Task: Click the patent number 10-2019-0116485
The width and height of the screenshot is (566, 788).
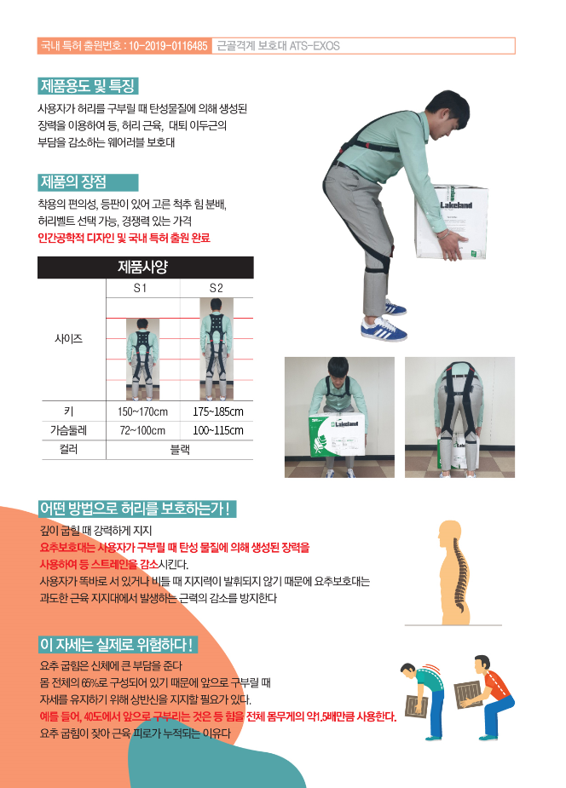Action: pyautogui.click(x=168, y=46)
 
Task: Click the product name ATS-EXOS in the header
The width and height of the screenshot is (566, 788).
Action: pyautogui.click(x=315, y=46)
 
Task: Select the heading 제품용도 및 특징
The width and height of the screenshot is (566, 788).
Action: pyautogui.click(x=88, y=86)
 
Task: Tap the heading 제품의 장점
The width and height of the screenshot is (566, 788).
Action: pyautogui.click(x=73, y=182)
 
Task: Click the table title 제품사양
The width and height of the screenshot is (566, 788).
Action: pyautogui.click(x=142, y=267)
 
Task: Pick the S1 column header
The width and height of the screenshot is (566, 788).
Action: pyautogui.click(x=140, y=288)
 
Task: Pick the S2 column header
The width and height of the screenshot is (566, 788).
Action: pyautogui.click(x=217, y=288)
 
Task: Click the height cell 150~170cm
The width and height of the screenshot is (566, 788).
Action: pyautogui.click(x=142, y=411)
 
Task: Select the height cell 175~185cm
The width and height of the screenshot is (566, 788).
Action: pyautogui.click(x=217, y=411)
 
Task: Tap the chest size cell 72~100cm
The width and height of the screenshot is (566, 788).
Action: pyautogui.click(x=142, y=430)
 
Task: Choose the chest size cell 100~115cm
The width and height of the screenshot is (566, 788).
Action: pyautogui.click(x=217, y=430)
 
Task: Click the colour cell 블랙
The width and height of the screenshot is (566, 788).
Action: pyautogui.click(x=180, y=449)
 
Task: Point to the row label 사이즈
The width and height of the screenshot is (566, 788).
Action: pyautogui.click(x=69, y=339)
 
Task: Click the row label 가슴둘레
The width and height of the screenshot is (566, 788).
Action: pyautogui.click(x=69, y=430)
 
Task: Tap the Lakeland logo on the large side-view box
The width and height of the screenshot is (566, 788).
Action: pyautogui.click(x=456, y=204)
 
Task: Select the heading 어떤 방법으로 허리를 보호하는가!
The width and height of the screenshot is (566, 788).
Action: pyautogui.click(x=136, y=509)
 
